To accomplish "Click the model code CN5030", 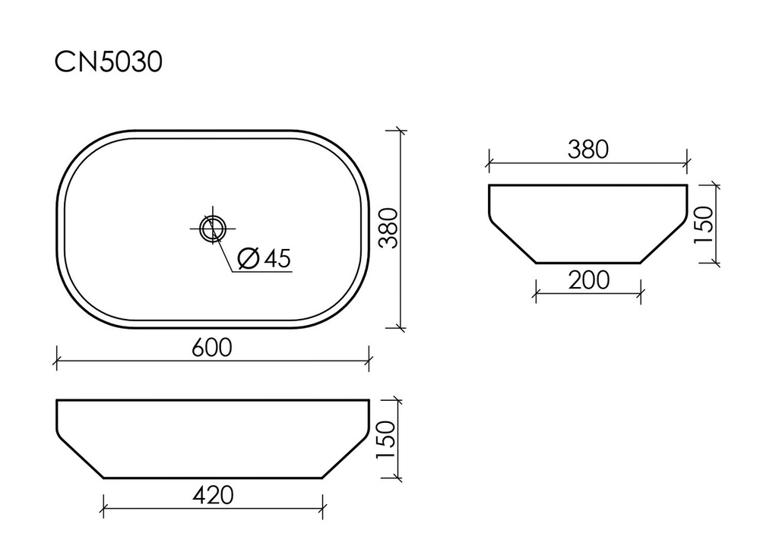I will click(108, 63).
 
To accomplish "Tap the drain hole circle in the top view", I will click(212, 227).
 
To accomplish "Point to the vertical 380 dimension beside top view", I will click(388, 229).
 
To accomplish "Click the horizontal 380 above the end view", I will click(587, 150).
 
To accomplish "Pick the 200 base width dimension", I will click(588, 280).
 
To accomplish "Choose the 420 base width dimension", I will click(212, 495).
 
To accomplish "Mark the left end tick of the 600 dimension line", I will click(57, 360).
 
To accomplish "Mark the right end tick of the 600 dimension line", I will click(369, 360).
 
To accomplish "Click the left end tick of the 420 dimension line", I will click(103, 506).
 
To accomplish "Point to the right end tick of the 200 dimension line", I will click(641, 292).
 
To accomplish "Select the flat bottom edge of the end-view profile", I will click(588, 263).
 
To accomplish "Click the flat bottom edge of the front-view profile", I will click(213, 478).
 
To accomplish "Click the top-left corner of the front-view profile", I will click(58, 400).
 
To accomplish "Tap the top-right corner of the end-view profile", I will click(687, 185).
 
